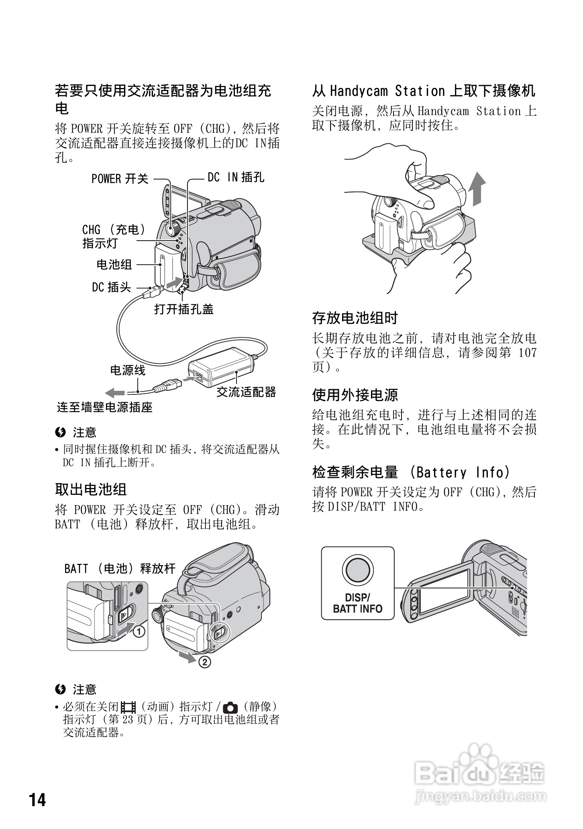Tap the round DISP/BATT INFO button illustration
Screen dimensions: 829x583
tap(357, 570)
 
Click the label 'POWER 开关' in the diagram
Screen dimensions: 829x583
tap(120, 179)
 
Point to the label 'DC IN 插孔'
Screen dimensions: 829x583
tap(236, 177)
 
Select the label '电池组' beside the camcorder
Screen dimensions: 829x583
tap(114, 264)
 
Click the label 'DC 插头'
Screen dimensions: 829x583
tap(111, 287)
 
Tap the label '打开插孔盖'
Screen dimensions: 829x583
tap(184, 309)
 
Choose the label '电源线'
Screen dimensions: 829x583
tap(128, 370)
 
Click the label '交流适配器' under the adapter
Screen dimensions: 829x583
tap(246, 392)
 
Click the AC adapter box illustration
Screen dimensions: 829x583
tap(221, 366)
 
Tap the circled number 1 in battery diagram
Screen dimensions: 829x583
tap(139, 632)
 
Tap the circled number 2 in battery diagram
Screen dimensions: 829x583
tap(204, 662)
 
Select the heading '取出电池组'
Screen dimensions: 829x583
tap(91, 489)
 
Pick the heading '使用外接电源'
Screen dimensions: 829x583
tap(355, 395)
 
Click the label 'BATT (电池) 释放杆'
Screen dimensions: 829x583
tap(120, 568)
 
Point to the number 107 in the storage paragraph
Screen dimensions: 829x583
tap(527, 353)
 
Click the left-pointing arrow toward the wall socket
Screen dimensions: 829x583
tap(115, 392)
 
